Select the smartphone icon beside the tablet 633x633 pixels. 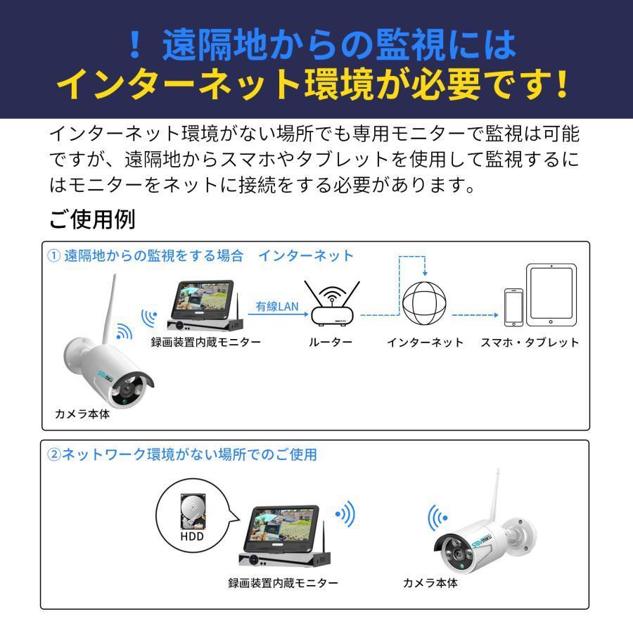(x=513, y=307)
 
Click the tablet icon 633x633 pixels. (x=551, y=295)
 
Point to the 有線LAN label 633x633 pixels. (x=277, y=307)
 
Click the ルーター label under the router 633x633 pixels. (x=331, y=343)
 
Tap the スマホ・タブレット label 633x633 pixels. (x=530, y=343)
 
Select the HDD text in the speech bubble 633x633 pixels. (x=192, y=537)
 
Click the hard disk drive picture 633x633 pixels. (x=193, y=511)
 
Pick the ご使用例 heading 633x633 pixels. (x=92, y=219)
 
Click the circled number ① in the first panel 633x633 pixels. (x=54, y=255)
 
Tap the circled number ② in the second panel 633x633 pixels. (x=54, y=454)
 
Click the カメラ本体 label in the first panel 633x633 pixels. (x=82, y=414)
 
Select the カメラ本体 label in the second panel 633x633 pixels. (x=430, y=582)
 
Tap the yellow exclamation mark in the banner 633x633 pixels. (x=561, y=84)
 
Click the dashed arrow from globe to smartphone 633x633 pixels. (x=475, y=315)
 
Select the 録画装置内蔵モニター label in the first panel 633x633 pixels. (x=206, y=343)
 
